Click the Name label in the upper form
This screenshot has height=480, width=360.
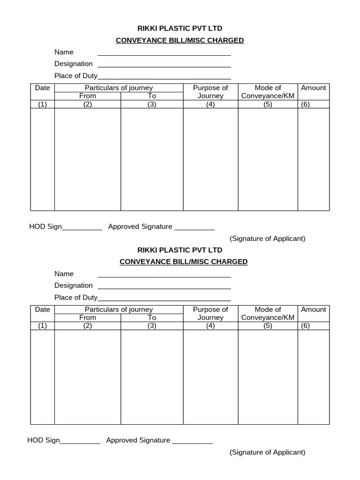click(x=64, y=52)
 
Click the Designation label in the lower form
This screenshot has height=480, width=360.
click(x=74, y=285)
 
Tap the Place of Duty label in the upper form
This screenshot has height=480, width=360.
click(x=76, y=75)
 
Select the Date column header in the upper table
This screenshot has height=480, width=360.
click(x=42, y=88)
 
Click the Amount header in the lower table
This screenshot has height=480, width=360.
click(x=313, y=309)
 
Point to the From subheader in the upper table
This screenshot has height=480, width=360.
click(x=88, y=96)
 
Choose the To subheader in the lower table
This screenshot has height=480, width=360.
click(x=152, y=317)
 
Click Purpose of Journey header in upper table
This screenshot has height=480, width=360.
click(x=210, y=91)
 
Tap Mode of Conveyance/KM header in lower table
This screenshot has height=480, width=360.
click(x=268, y=313)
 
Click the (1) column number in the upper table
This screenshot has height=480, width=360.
click(x=42, y=105)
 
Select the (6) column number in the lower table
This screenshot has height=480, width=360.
click(x=306, y=326)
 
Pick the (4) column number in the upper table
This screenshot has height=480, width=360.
click(x=210, y=105)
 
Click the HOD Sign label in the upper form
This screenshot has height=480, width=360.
click(x=45, y=227)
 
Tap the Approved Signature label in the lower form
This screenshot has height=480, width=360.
click(x=138, y=440)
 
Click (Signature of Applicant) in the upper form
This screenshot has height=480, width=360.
click(x=267, y=239)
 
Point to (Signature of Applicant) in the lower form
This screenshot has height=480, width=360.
click(x=267, y=452)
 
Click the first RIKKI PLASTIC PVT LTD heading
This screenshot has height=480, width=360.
click(x=180, y=29)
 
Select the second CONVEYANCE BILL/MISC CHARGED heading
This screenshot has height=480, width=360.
click(x=183, y=262)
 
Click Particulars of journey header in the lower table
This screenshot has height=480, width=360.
click(x=119, y=309)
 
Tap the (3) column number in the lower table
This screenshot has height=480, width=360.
click(x=152, y=326)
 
